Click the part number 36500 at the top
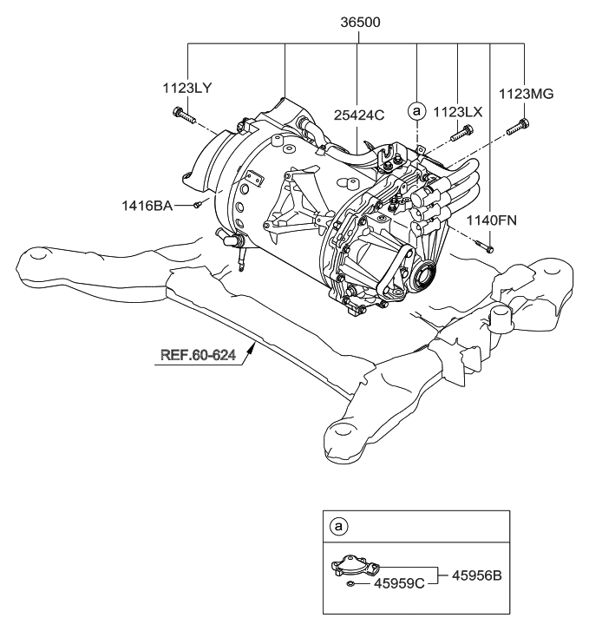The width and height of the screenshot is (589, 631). [x=357, y=21]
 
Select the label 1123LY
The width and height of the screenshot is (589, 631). [x=187, y=87]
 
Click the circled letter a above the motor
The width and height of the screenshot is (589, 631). [x=417, y=111]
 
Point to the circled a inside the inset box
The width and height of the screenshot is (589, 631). [x=337, y=526]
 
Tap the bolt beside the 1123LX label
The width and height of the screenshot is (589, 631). [x=462, y=133]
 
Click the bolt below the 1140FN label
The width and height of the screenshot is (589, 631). [x=488, y=249]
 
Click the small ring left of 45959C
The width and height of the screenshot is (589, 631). [x=348, y=584]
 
